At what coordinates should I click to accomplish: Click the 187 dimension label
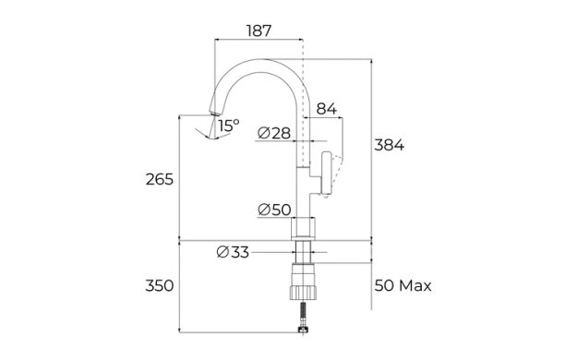point(259,30)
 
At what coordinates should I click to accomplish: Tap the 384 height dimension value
point(390,145)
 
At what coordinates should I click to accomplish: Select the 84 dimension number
point(327,109)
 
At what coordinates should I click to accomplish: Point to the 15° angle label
point(229,126)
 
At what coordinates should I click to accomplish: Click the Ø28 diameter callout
point(274,133)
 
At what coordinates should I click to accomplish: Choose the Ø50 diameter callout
point(274,210)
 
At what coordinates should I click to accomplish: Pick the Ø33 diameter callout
point(233,252)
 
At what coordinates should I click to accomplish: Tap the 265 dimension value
point(159,179)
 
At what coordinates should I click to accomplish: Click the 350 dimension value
point(159,285)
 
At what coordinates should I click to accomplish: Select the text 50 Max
point(403,285)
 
